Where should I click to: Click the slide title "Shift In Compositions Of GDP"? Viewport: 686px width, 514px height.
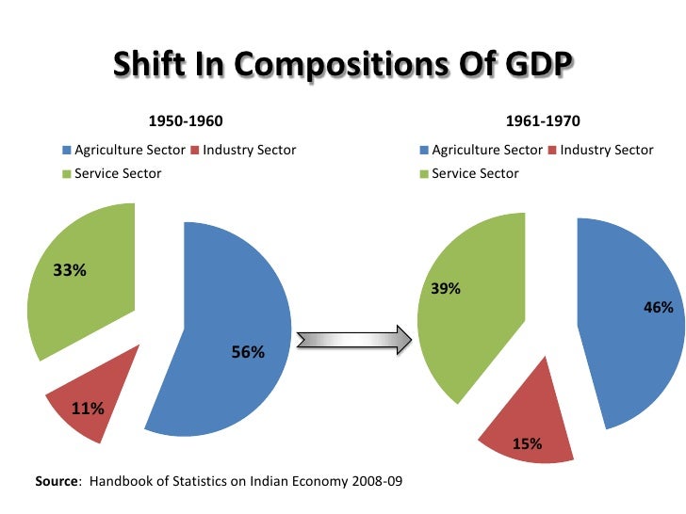click(x=343, y=66)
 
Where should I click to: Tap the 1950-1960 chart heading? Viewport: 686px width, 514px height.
click(x=186, y=121)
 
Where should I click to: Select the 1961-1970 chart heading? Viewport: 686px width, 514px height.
click(x=543, y=121)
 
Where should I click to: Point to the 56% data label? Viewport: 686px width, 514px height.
click(x=248, y=352)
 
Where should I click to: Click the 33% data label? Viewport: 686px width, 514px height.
click(x=70, y=271)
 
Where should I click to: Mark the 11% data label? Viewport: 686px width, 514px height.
click(x=88, y=409)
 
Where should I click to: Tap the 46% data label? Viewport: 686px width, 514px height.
click(x=658, y=308)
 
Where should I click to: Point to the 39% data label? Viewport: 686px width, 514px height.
click(x=446, y=289)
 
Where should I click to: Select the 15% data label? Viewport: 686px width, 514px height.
click(x=527, y=444)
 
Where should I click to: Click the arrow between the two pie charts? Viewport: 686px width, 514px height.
click(x=353, y=340)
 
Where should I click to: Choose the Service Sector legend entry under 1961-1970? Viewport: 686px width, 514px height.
click(x=475, y=173)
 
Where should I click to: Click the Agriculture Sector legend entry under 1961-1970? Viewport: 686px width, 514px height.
click(x=486, y=150)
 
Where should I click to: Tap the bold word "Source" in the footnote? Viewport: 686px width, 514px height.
click(x=56, y=481)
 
